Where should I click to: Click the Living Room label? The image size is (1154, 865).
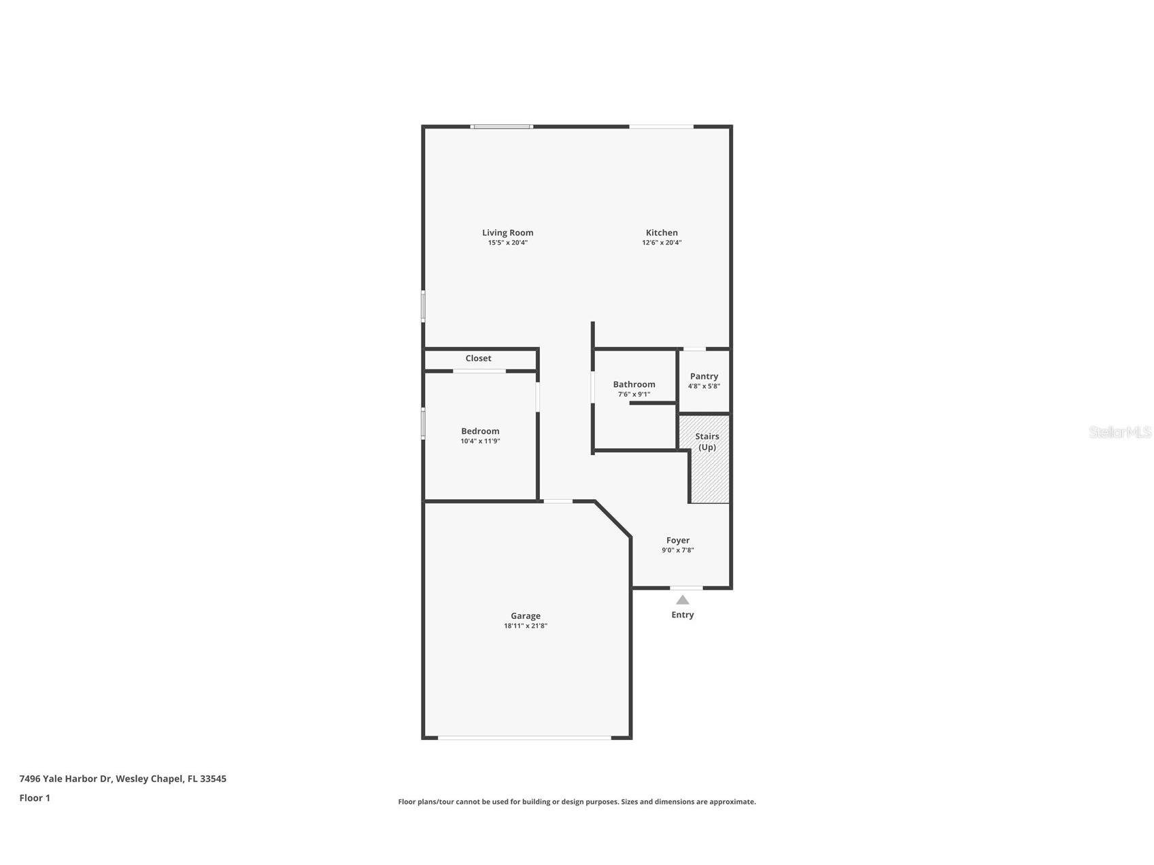[x=507, y=233]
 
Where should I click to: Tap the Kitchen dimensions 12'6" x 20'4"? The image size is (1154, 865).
[x=661, y=243]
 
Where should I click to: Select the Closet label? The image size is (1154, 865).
[x=478, y=358]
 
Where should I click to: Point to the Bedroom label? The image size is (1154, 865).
[x=480, y=431]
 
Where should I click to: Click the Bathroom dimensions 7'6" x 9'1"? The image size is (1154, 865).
[x=634, y=394]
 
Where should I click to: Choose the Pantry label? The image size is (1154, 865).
[x=704, y=376]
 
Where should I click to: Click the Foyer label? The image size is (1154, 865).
[x=677, y=541]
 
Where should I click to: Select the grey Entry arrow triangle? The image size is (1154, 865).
[x=683, y=600]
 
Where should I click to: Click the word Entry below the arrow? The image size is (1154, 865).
[x=683, y=615]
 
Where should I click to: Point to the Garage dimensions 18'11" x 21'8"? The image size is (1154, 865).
[x=525, y=626]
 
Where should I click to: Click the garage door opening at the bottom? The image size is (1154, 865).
[x=524, y=737]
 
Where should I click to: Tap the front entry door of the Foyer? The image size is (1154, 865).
[x=685, y=588]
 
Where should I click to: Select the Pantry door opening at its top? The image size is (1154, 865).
[x=694, y=350]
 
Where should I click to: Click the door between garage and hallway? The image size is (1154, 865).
[x=558, y=502]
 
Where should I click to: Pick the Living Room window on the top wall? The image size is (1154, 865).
[x=502, y=126]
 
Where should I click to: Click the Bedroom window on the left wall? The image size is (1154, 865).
[x=423, y=423]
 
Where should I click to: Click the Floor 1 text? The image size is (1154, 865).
[x=35, y=798]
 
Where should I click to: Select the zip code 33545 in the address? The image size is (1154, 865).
[x=213, y=779]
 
